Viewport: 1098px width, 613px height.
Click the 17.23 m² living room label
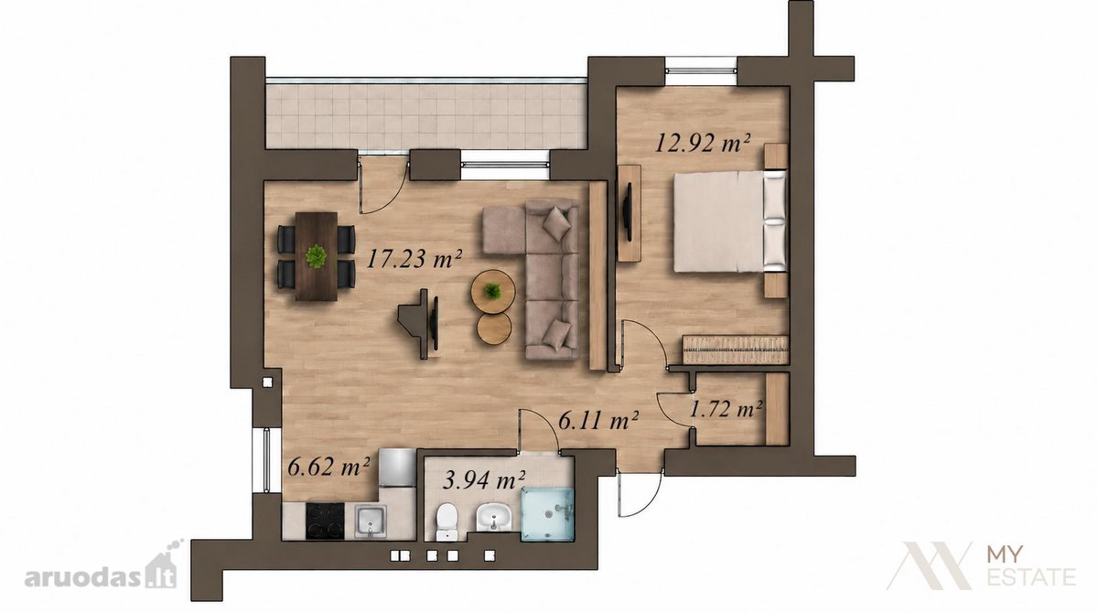(414, 258)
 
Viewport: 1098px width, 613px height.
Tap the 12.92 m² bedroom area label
(703, 143)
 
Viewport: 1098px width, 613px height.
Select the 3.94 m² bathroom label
(484, 479)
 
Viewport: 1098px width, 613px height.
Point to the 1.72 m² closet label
(726, 409)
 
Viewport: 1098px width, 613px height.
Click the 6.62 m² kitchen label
(328, 467)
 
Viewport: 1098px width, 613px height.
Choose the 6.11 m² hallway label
(598, 421)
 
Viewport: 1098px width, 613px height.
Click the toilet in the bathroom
(447, 522)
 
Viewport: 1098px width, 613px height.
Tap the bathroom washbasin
(493, 517)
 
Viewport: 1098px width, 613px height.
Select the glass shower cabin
(547, 513)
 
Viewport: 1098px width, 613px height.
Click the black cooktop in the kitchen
(326, 522)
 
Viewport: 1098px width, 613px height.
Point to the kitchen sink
(371, 522)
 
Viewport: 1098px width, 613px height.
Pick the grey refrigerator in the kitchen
(397, 468)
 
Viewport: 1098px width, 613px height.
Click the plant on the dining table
(317, 256)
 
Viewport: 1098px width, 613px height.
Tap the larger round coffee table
(493, 292)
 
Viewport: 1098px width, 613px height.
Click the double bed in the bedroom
(730, 221)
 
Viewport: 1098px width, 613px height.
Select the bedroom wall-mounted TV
(628, 212)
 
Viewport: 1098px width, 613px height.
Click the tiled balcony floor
(426, 116)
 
